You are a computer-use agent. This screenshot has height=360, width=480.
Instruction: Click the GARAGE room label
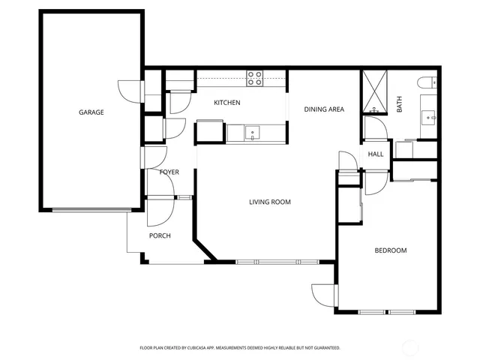point(91,112)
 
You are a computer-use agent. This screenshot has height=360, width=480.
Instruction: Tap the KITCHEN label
point(226,103)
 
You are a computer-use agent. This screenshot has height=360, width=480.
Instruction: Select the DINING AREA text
point(324,109)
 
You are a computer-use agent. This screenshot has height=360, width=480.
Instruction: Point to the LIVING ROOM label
point(270,202)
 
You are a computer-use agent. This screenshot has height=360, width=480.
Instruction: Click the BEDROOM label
point(390,250)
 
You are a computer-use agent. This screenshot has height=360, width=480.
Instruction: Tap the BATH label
point(399,105)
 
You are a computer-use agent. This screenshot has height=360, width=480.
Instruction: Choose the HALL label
point(376,154)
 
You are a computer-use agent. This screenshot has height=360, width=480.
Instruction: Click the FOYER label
point(169,172)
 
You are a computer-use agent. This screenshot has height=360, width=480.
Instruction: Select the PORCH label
point(160,235)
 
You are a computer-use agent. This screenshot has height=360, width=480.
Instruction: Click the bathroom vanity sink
point(430,117)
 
